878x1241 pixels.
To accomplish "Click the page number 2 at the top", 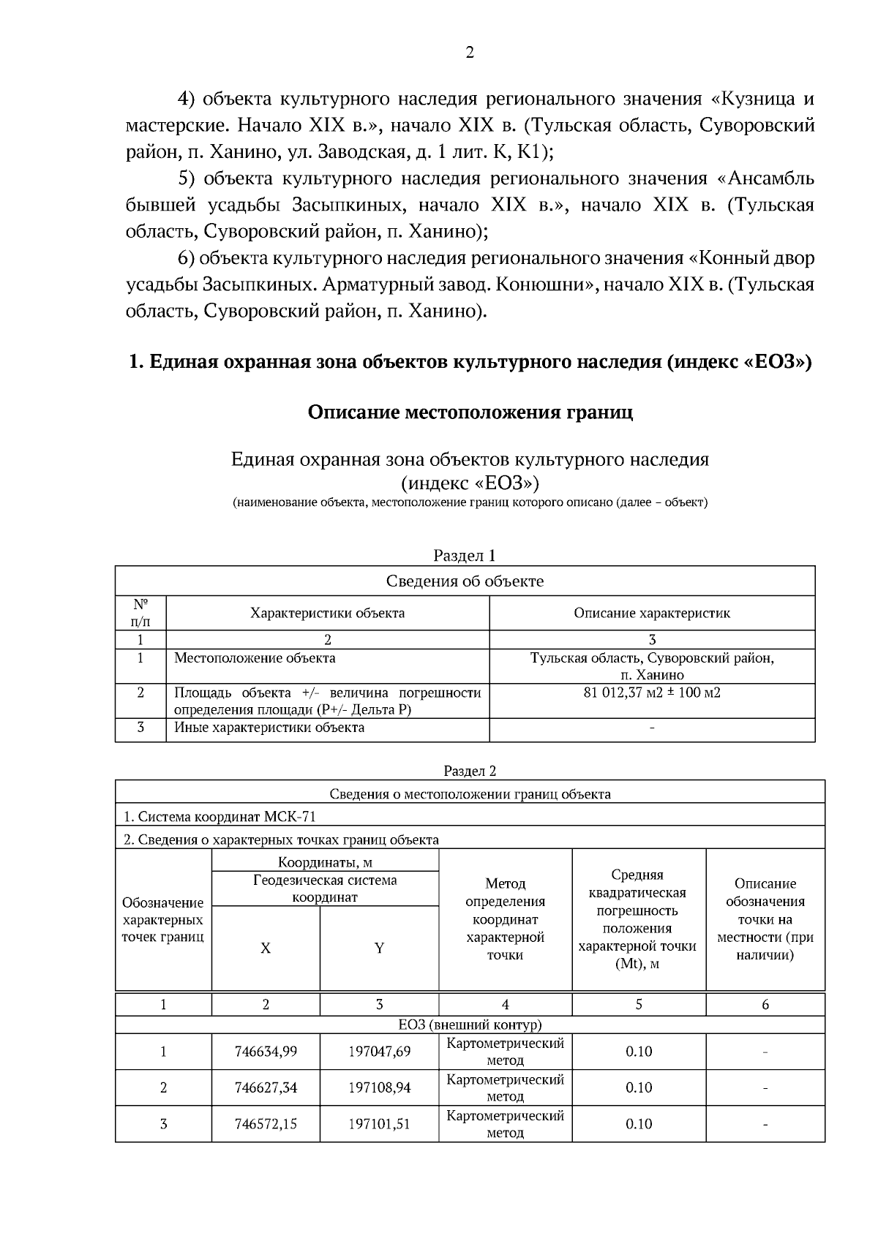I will (x=469, y=53).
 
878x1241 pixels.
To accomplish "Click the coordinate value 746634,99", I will (x=266, y=1052).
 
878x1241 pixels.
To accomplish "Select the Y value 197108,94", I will (x=379, y=1087).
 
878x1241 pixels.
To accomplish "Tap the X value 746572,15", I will (x=266, y=1124).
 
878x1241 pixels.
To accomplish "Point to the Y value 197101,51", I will (x=379, y=1124).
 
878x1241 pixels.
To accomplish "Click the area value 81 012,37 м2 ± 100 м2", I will (x=651, y=692).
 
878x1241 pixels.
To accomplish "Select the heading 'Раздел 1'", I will (x=465, y=556).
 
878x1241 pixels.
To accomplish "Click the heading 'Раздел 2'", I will (x=470, y=771).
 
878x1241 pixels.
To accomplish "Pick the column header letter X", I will (x=266, y=948).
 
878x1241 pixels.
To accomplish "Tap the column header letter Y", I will (x=379, y=948).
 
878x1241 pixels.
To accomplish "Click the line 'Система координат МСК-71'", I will (x=219, y=817).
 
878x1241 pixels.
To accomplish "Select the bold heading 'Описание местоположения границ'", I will (x=470, y=412).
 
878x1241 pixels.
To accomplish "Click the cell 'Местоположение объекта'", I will (x=255, y=658).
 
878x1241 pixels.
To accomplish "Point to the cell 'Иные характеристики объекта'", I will (x=269, y=728).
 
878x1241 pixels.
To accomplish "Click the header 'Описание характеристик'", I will (x=651, y=613).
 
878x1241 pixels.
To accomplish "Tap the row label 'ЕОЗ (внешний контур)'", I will (x=470, y=1025).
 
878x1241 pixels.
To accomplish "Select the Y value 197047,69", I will (x=379, y=1052).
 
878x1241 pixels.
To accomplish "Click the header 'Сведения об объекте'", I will (x=465, y=581).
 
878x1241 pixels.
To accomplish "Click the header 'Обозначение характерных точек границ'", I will (x=162, y=920).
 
